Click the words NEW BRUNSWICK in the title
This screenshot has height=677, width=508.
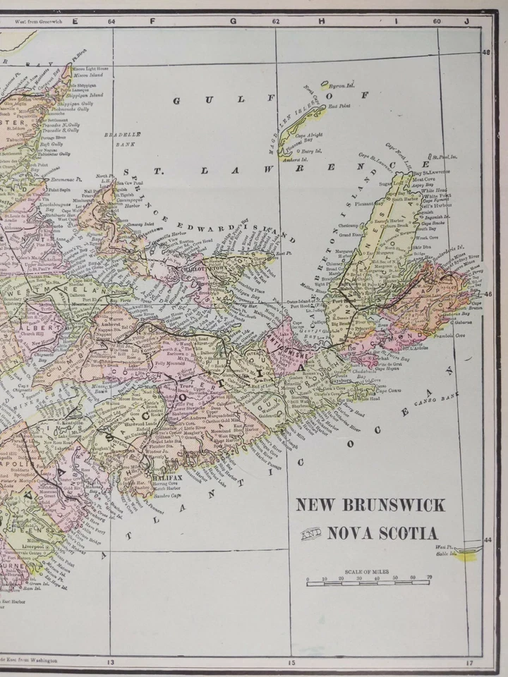tap(370, 505)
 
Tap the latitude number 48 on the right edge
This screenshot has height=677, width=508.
tap(486, 52)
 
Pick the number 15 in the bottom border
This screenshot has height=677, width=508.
tap(291, 661)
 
